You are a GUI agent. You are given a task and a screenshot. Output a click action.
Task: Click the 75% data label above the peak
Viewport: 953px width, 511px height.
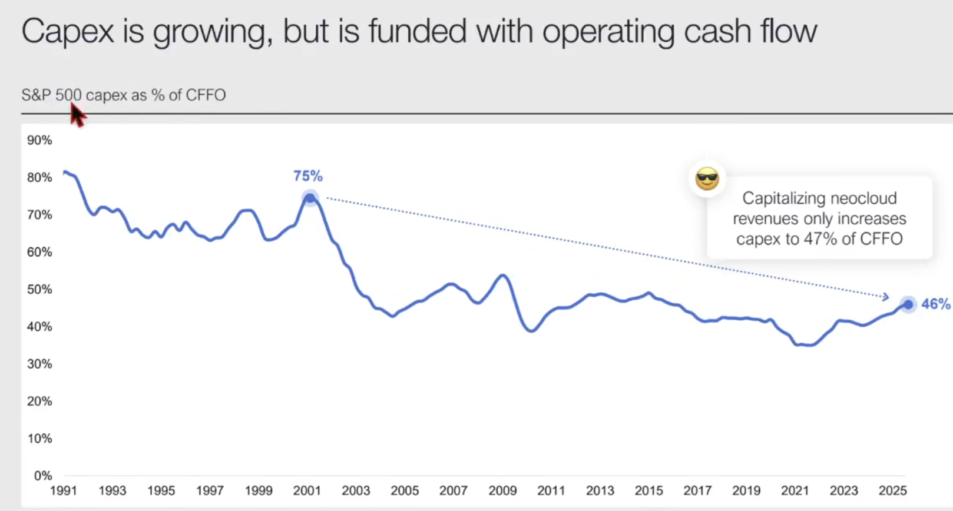coord(308,176)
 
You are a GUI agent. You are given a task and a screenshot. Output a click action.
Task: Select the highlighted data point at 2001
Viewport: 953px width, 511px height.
coord(310,198)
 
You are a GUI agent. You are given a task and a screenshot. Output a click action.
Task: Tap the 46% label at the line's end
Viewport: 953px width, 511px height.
coord(935,304)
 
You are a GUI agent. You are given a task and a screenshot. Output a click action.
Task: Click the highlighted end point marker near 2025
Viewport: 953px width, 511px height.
coord(908,304)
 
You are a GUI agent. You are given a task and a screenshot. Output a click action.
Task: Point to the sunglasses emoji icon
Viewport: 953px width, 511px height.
coord(707,178)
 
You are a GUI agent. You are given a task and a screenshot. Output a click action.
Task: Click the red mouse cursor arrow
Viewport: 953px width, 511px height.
coord(77,114)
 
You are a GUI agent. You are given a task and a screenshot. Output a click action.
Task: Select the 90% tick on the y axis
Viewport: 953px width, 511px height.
coord(39,140)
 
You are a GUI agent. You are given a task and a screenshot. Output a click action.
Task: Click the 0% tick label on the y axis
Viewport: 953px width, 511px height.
coord(42,476)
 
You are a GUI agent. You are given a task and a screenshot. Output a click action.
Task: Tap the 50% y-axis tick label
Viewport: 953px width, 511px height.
coord(39,289)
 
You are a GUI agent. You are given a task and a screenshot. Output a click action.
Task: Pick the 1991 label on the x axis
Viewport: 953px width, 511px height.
coord(64,490)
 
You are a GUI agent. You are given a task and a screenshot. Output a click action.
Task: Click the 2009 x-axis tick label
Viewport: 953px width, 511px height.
coord(502,490)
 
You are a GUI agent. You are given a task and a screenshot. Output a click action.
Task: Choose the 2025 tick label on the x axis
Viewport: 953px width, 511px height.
coord(892,490)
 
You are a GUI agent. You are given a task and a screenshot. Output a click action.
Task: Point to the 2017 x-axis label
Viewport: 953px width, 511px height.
coord(697,490)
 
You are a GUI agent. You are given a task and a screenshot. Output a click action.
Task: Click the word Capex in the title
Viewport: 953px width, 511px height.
coord(68,32)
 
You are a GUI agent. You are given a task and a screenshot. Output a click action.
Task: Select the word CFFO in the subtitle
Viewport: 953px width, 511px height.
coord(206,95)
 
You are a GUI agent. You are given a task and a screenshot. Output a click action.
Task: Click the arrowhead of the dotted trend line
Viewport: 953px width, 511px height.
coord(885,297)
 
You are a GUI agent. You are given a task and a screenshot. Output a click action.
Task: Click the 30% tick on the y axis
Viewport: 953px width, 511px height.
coord(39,364)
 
